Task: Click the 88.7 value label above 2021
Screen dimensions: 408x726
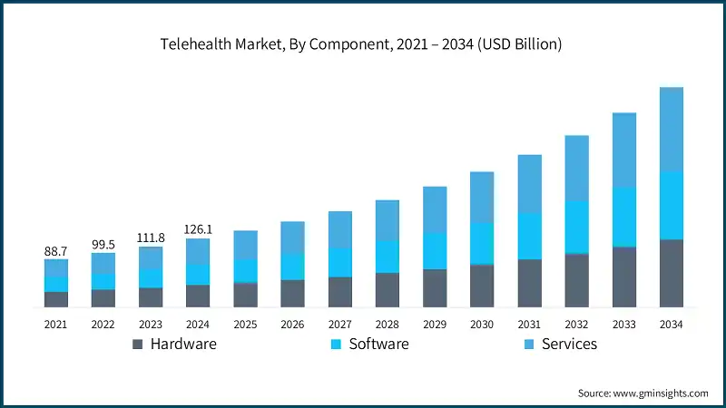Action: (x=56, y=250)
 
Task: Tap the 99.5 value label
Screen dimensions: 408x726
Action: (x=103, y=245)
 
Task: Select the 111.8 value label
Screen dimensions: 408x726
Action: (x=151, y=238)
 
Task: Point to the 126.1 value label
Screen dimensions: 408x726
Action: (x=198, y=229)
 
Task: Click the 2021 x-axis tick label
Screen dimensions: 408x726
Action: (x=56, y=324)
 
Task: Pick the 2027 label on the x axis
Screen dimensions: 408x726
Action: (x=340, y=324)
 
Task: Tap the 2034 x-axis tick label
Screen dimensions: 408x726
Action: (x=671, y=324)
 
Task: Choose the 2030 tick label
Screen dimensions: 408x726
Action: (x=482, y=324)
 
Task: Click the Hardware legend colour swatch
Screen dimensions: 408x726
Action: (x=138, y=345)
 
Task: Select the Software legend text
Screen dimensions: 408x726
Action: (x=378, y=345)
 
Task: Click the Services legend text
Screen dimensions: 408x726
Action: (x=569, y=345)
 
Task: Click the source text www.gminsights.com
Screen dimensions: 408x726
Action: (x=643, y=393)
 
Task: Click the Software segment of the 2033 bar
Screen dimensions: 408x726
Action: (x=623, y=217)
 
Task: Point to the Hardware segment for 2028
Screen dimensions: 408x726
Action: (x=388, y=290)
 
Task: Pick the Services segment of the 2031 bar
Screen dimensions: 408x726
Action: (x=529, y=184)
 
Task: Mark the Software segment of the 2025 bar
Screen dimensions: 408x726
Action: (x=245, y=271)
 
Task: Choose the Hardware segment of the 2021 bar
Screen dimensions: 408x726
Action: (x=56, y=300)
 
